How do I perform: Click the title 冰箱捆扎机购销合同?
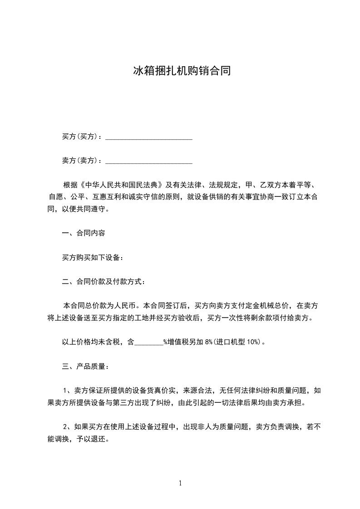tap(180, 71)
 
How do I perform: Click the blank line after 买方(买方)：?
tap(149, 137)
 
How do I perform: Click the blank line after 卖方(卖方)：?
tap(149, 161)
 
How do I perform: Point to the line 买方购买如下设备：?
tap(93, 258)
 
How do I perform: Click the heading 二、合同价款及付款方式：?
tap(104, 282)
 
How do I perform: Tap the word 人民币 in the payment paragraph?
tap(132, 306)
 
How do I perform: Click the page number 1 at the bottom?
tap(180, 483)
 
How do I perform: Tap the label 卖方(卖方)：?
tap(82, 161)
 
